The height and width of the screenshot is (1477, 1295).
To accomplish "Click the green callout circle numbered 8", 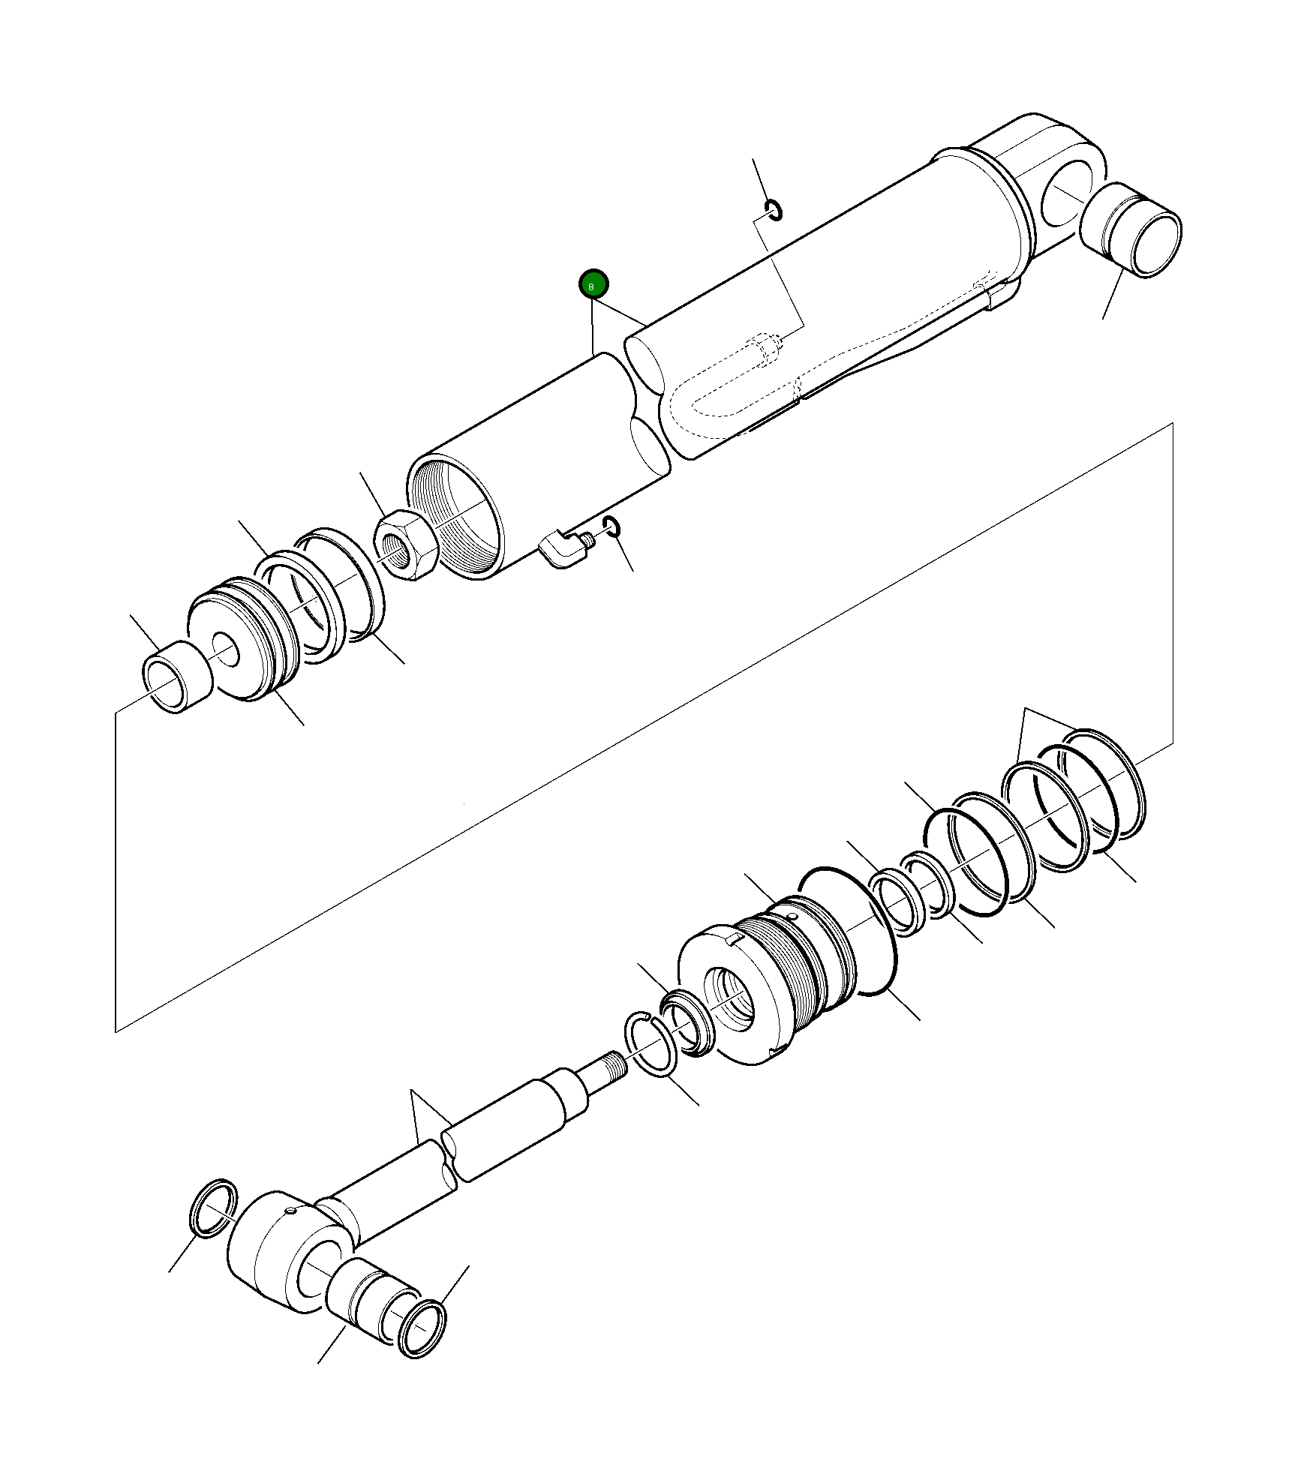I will click(593, 284).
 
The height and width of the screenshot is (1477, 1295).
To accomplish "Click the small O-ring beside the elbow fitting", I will click(611, 527).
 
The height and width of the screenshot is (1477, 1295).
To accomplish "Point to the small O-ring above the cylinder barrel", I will click(774, 211).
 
